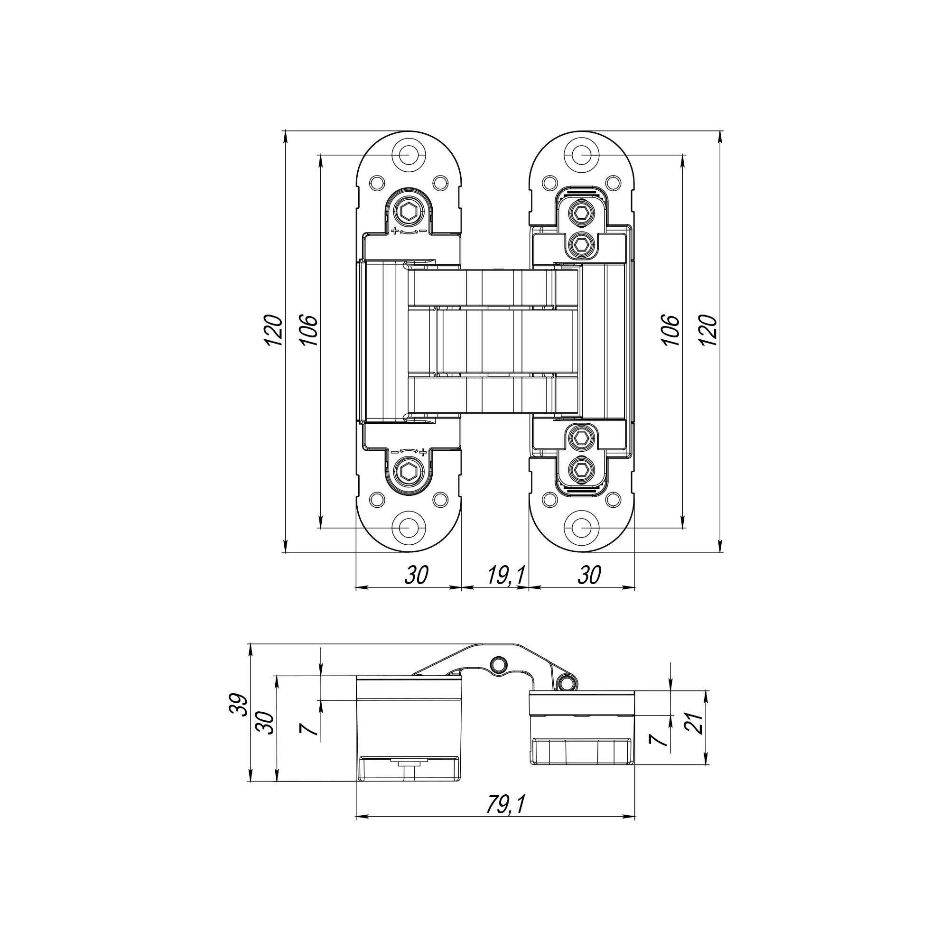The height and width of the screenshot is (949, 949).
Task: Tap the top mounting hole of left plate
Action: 407,155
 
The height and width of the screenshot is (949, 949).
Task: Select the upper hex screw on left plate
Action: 408,213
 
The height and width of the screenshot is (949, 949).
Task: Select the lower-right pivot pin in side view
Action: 568,682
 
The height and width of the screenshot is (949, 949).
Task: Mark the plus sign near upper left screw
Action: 394,231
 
